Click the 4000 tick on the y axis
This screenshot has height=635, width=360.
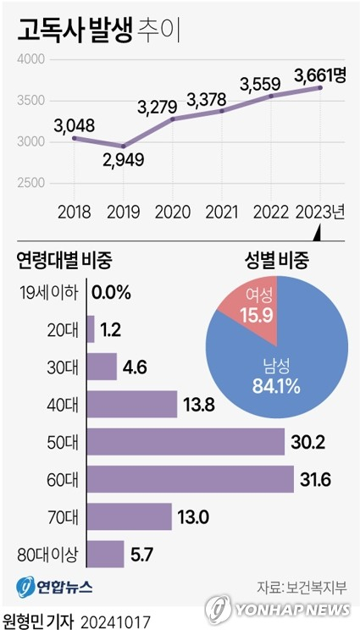tap(30, 60)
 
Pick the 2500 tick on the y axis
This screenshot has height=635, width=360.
tap(30, 183)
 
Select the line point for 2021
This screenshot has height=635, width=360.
tap(221, 111)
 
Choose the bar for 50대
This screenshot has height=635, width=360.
tap(186, 442)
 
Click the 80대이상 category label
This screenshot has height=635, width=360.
tap(47, 555)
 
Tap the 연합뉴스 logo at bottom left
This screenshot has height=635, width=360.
tap(55, 585)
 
